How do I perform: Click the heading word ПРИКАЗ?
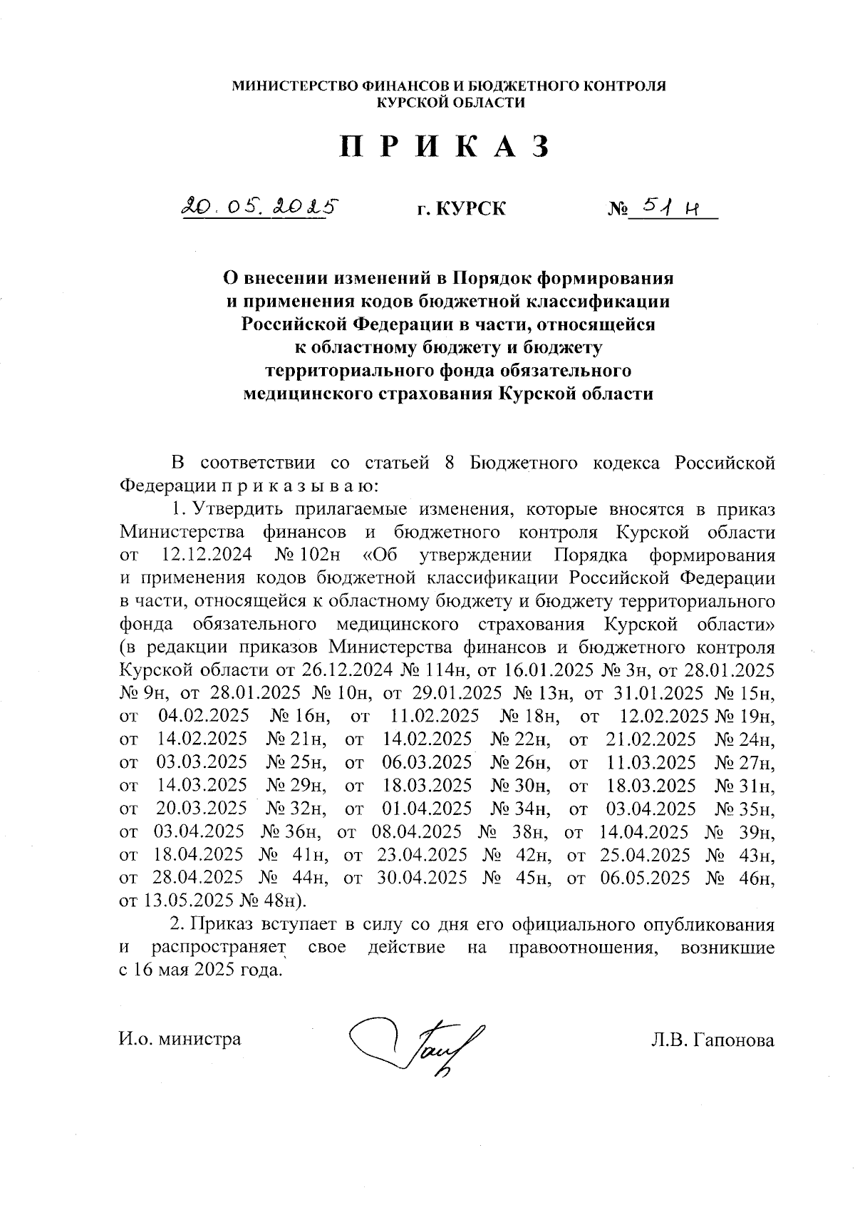(445, 147)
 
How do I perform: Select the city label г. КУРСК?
(462, 209)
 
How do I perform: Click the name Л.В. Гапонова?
(712, 1040)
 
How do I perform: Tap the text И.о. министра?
(180, 1039)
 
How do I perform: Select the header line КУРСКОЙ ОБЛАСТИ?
(450, 103)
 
